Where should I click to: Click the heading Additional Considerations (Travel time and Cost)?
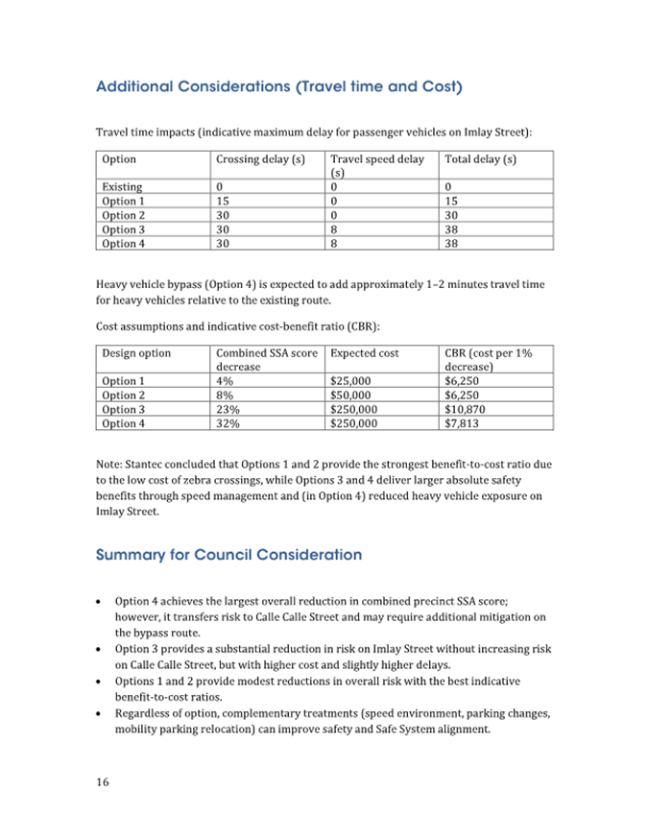(x=279, y=87)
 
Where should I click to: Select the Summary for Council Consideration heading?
(x=228, y=555)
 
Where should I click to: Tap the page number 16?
(x=102, y=781)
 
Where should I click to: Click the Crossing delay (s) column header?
(x=260, y=159)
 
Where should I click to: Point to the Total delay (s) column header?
(x=481, y=159)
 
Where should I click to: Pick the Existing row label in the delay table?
(x=122, y=187)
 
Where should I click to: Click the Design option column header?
(x=136, y=353)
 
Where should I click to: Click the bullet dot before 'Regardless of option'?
(x=100, y=714)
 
